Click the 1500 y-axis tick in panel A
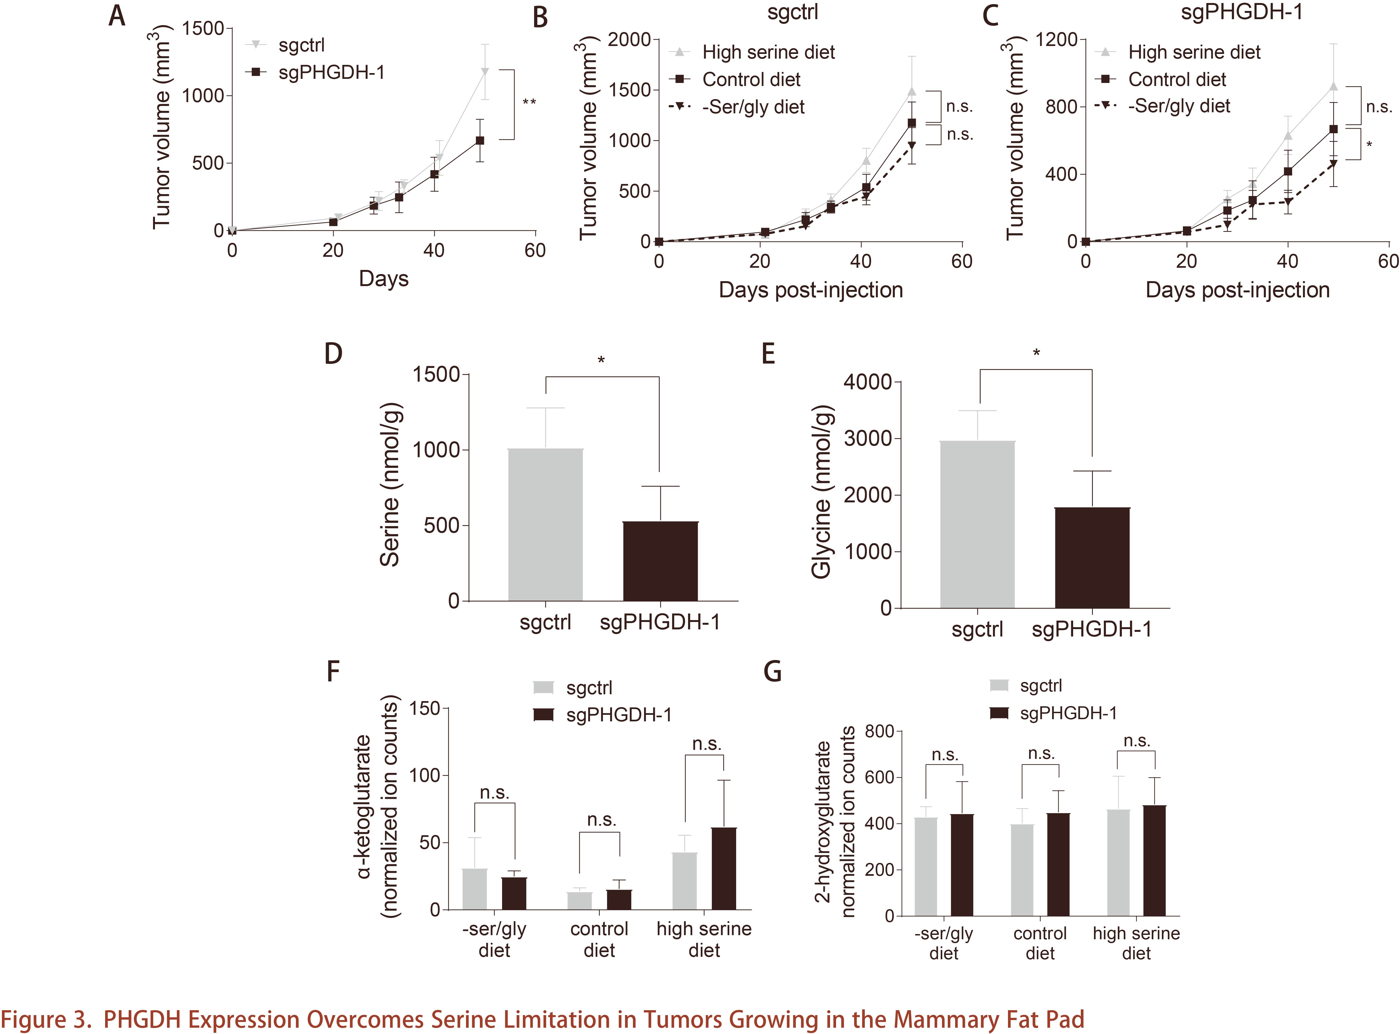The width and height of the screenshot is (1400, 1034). pos(203,29)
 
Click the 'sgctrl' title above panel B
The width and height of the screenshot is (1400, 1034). pos(792,13)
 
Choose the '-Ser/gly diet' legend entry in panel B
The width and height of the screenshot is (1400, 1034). pos(753,107)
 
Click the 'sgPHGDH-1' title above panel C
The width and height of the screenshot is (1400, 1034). pos(1242,13)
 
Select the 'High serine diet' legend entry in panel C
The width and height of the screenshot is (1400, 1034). pos(1194,53)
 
